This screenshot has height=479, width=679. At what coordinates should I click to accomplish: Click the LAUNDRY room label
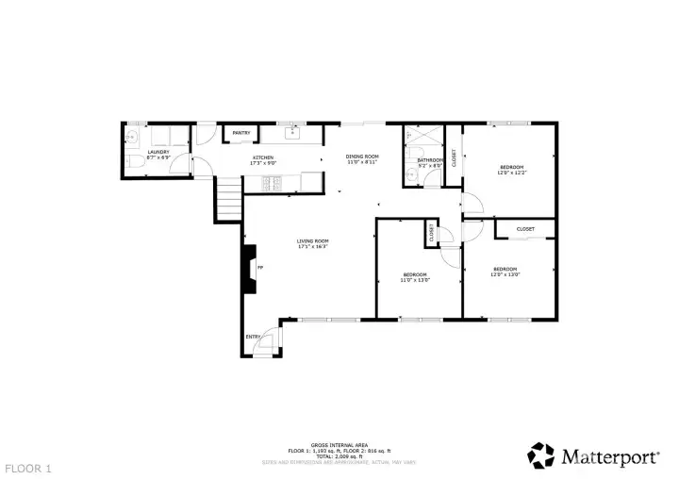[157, 151]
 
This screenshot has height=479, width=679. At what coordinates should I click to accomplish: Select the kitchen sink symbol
[293, 134]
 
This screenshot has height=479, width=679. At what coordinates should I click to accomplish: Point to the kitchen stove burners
[274, 179]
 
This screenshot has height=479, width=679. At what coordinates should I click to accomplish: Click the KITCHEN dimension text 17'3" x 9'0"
[263, 163]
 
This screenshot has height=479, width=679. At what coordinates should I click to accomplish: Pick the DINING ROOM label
[361, 156]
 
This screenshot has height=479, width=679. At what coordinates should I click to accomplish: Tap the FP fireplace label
[261, 267]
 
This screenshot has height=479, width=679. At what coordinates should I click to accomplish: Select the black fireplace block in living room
[249, 268]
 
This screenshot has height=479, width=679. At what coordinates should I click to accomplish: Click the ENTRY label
[253, 337]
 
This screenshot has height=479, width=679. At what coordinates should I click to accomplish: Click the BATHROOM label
[430, 160]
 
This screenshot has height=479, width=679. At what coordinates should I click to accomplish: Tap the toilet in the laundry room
[136, 167]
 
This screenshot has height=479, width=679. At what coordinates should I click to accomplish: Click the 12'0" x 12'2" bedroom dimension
[511, 173]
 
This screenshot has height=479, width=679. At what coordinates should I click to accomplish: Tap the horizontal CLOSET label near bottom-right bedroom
[525, 229]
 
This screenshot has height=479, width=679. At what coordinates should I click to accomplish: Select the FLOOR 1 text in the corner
[28, 468]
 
